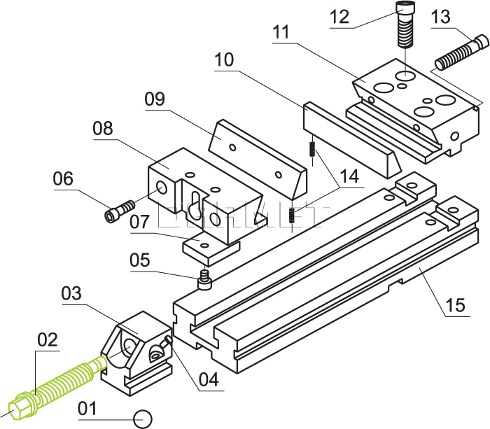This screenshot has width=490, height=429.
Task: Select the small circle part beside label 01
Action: point(143,418)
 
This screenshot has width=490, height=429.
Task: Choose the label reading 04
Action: point(209,380)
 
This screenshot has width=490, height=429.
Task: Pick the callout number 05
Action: point(140,260)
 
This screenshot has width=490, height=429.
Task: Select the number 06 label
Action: point(63,179)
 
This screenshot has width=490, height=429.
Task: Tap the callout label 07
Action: point(139,223)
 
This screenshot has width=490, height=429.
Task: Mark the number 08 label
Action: point(103,129)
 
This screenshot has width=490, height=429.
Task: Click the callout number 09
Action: point(155,99)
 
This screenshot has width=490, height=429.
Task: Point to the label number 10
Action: point(225,60)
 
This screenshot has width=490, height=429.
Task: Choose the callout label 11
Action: point(281,32)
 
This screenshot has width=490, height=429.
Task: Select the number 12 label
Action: point(339,16)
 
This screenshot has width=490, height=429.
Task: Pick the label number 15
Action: point(454,306)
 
